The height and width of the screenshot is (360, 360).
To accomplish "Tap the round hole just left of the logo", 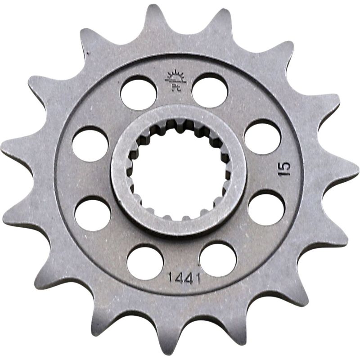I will pyautogui.click(x=138, y=93).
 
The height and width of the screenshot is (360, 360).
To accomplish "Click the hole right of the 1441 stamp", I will pyautogui.click(x=217, y=259).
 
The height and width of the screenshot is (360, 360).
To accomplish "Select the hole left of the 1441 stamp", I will pyautogui.click(x=144, y=261).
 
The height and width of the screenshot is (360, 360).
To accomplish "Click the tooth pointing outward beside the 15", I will pyautogui.click(x=346, y=170).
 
